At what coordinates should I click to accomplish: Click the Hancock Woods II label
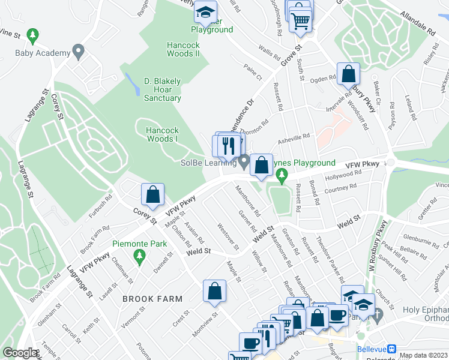[183, 49]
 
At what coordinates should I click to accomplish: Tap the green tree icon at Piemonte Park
[139, 257]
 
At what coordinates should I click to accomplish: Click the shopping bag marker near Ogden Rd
[348, 75]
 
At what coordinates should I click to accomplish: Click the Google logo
[20, 353]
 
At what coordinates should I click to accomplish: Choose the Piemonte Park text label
[139, 244]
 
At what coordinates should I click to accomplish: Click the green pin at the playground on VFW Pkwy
[283, 175]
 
